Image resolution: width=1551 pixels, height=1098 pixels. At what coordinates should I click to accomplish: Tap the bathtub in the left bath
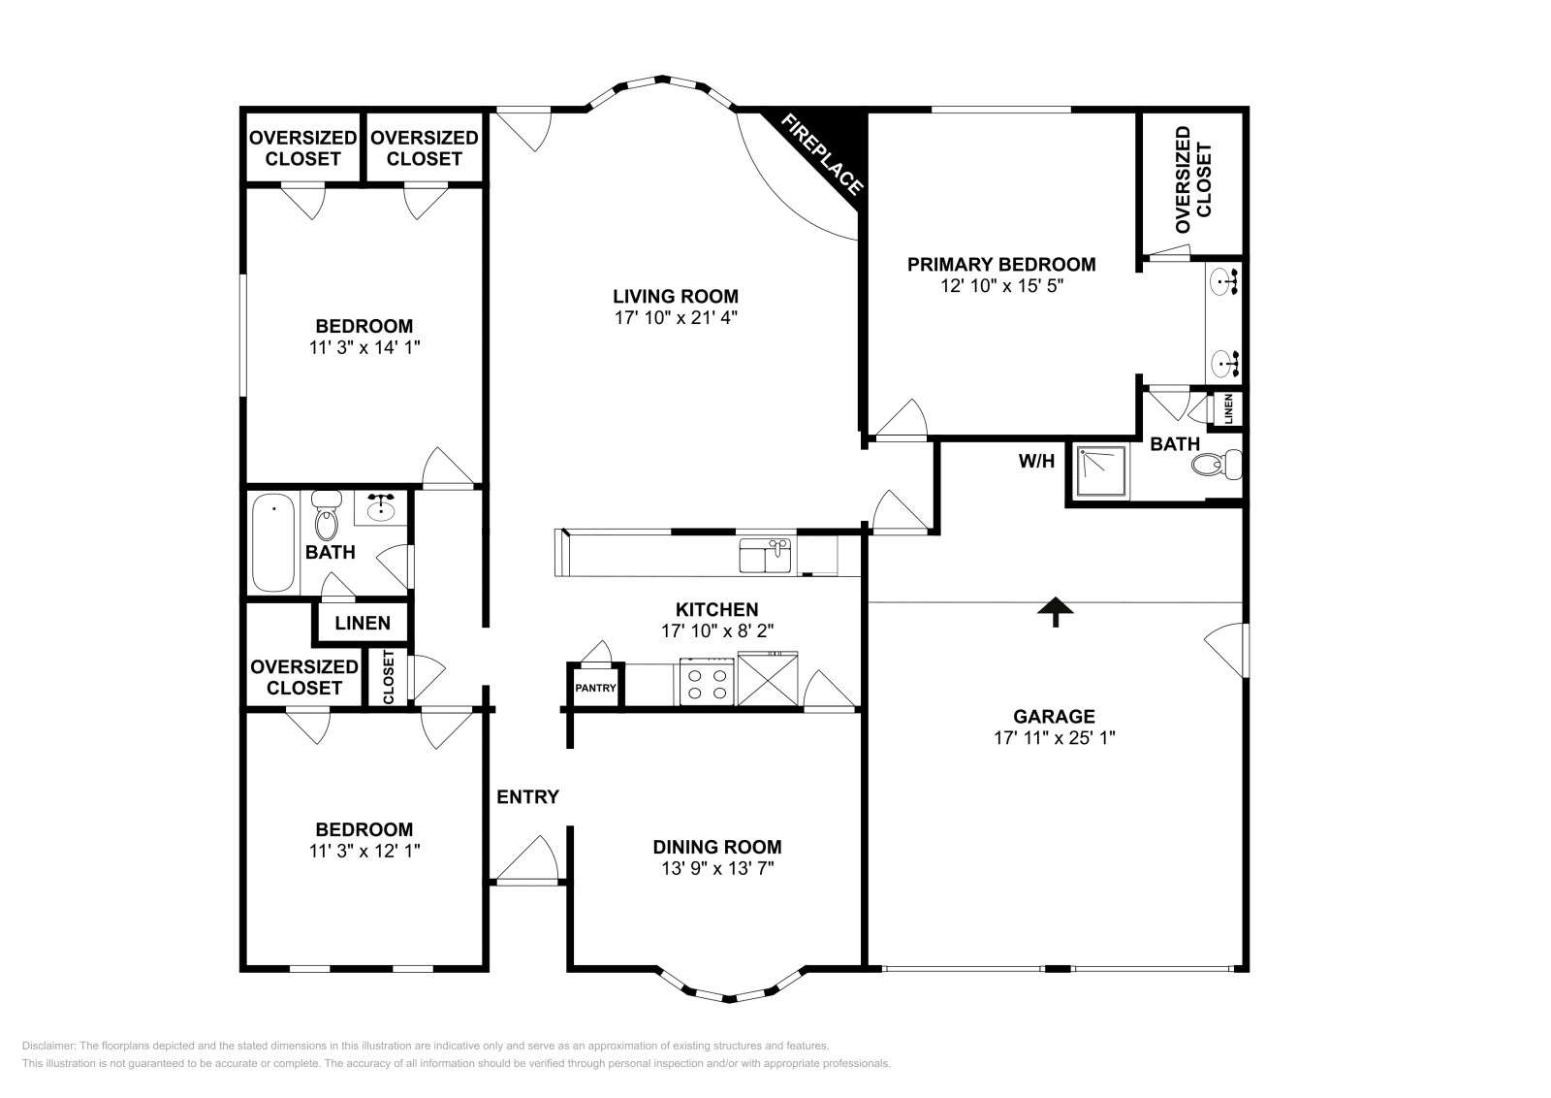click(272, 542)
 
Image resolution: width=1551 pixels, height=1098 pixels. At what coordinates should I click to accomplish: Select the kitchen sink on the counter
click(766, 557)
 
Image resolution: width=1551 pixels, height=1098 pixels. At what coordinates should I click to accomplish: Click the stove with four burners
click(707, 681)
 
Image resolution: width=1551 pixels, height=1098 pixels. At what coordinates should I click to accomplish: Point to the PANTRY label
click(595, 688)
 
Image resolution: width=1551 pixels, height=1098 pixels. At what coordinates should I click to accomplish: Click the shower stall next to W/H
click(1099, 472)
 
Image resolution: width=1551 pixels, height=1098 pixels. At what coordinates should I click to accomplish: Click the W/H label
click(1036, 462)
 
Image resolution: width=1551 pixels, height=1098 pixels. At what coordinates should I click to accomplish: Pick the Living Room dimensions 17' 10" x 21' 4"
click(676, 317)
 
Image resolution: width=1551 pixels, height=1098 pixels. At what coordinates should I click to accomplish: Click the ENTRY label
click(527, 797)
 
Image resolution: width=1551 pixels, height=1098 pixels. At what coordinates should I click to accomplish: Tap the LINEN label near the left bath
click(363, 624)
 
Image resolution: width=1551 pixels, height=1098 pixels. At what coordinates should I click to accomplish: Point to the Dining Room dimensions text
click(717, 868)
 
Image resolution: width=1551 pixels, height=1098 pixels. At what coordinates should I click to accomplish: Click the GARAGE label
click(1054, 717)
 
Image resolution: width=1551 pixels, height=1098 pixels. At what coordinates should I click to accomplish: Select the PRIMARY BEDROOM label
click(1001, 264)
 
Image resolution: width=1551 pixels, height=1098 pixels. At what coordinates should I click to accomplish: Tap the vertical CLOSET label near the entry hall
click(389, 677)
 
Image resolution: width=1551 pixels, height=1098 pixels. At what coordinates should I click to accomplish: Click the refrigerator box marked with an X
click(768, 679)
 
